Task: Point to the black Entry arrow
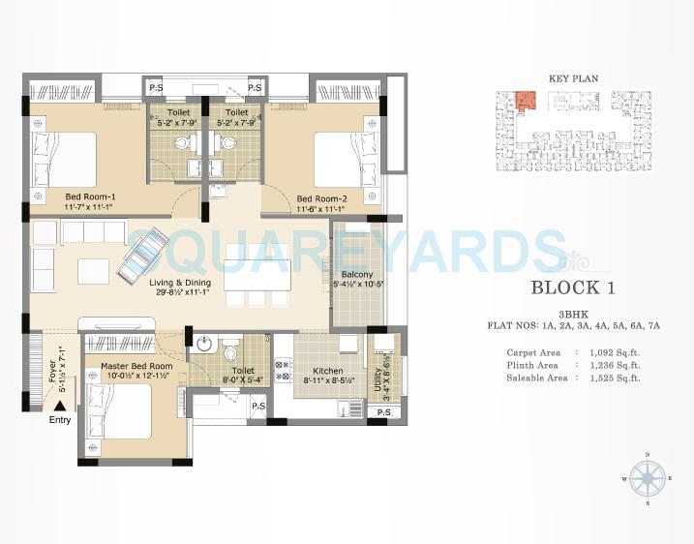tap(60, 408)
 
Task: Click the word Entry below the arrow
tap(60, 421)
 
